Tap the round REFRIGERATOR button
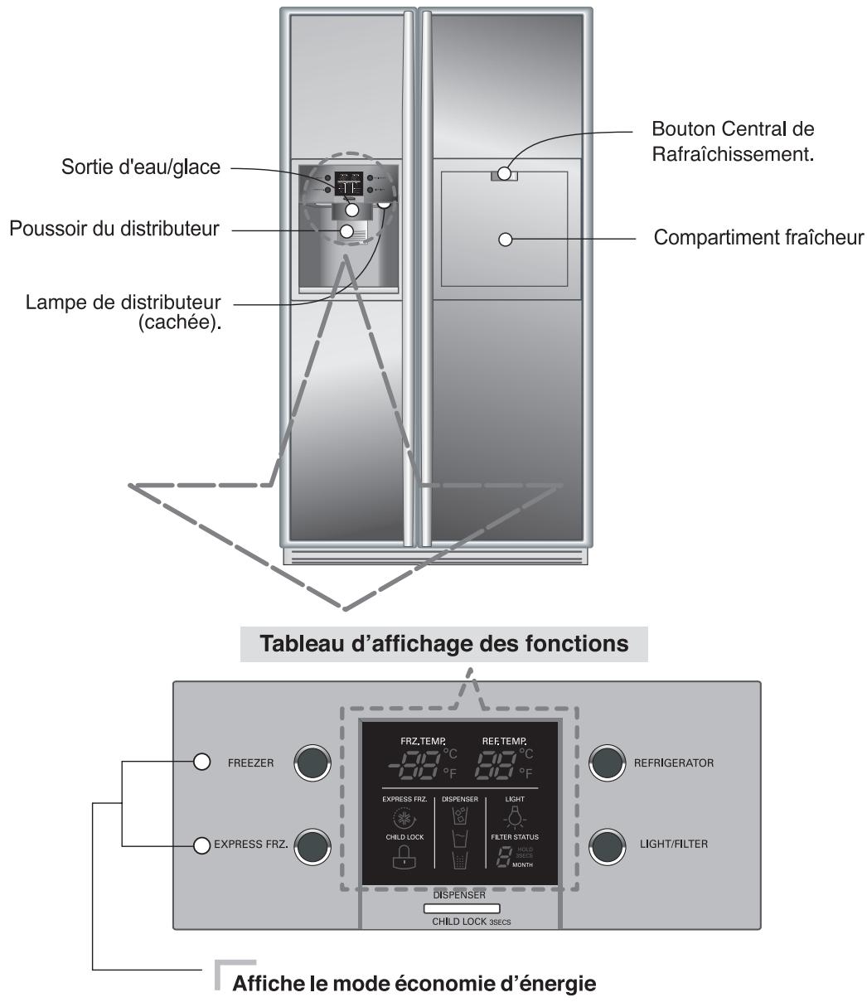coord(608,762)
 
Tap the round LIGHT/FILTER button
coord(608,845)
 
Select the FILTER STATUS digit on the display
coord(504,859)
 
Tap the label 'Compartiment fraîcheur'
coord(758,239)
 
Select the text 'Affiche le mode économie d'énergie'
coord(415,985)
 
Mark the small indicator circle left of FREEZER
coord(201,762)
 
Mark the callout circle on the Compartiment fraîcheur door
coord(505,240)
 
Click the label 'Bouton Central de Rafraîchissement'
coord(732,142)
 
